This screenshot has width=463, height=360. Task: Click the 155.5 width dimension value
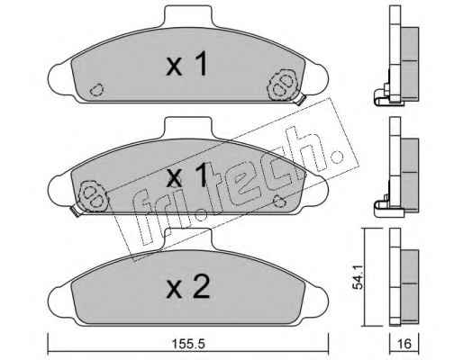pos(188,344)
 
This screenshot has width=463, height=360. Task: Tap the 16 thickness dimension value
pos(404,344)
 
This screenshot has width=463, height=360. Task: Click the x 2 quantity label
pos(188,287)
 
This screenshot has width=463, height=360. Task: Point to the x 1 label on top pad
pos(186,63)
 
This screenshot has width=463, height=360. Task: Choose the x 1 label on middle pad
pos(186,175)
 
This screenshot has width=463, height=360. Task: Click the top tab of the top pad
pos(188,16)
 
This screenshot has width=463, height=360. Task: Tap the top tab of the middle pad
pos(188,128)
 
